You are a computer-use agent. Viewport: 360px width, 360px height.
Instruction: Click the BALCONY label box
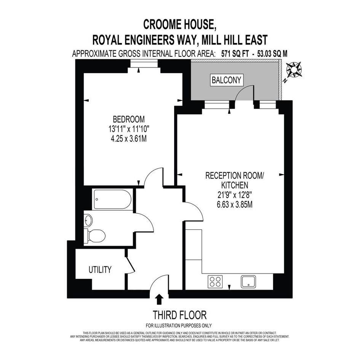pos(226,80)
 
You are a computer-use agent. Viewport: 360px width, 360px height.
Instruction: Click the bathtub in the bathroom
pos(112,199)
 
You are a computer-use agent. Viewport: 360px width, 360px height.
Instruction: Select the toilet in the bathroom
pos(94,235)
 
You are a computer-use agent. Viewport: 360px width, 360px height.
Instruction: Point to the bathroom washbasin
pos(88,221)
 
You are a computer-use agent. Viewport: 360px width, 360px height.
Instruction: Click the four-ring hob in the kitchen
pos(215,282)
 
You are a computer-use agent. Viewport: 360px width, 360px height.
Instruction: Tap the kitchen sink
pos(248,282)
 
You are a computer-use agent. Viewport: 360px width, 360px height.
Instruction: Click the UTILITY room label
pos(100,269)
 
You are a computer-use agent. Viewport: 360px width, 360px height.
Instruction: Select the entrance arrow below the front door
pos(159,299)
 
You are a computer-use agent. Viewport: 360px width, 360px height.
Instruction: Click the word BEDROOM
pos(129,119)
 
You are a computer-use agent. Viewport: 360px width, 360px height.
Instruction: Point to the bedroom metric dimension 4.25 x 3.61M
pos(129,139)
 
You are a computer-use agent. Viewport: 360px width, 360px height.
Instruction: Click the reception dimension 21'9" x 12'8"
pos(235,195)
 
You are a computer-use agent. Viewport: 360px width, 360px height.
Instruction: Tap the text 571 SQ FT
pos(235,54)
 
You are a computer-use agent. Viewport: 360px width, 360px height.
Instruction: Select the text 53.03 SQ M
pos(272,54)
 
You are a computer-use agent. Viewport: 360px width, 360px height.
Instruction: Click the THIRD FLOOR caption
pos(180,315)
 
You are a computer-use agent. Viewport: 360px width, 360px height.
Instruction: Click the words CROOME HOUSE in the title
pos(180,24)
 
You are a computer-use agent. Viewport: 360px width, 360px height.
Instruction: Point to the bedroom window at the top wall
pos(144,64)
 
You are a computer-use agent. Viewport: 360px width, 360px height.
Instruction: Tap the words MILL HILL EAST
pos(234,40)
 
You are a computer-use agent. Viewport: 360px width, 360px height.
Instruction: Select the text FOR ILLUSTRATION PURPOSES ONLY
pos(179,325)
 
